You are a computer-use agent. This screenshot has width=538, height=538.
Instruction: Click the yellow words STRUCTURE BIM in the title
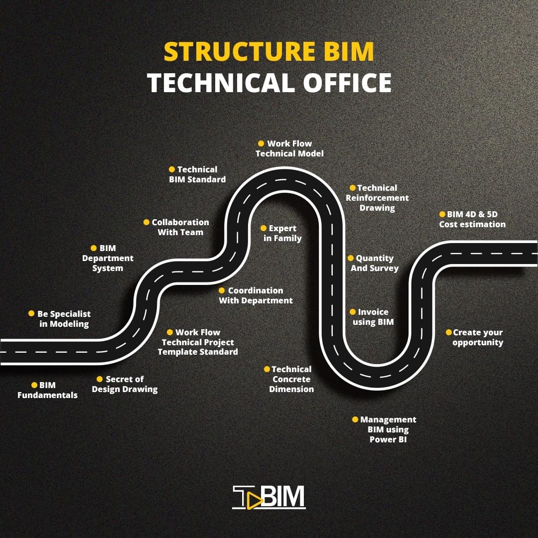[269, 52]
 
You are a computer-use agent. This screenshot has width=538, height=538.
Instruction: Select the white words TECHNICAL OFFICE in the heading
[269, 82]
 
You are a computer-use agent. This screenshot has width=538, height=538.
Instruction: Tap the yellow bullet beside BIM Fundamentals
[34, 385]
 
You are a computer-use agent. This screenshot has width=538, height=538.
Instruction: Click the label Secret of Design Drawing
[125, 384]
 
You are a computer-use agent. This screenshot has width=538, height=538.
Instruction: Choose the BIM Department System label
[108, 258]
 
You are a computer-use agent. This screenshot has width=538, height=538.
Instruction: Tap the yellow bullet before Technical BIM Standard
[172, 169]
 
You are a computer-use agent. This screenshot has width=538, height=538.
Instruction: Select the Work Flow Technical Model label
[289, 148]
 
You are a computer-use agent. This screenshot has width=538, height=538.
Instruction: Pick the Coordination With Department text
[256, 295]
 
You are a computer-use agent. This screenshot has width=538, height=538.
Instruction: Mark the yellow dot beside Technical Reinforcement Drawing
[353, 188]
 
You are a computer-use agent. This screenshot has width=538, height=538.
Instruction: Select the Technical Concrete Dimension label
[291, 379]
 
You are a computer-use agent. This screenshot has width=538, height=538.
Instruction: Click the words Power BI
[388, 440]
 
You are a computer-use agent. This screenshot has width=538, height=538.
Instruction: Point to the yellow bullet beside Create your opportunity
[448, 332]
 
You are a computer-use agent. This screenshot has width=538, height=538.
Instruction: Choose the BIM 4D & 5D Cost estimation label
[472, 219]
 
